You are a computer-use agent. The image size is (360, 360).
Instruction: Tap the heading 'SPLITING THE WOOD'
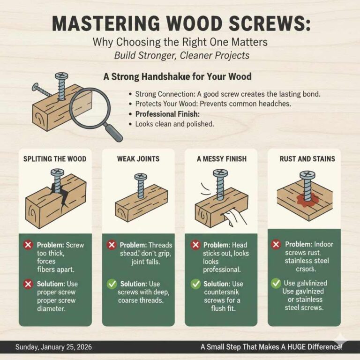pyautogui.click(x=55, y=159)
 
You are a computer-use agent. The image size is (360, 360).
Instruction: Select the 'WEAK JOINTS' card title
pyautogui.click(x=138, y=159)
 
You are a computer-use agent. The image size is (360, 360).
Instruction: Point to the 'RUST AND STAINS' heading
pyautogui.click(x=307, y=159)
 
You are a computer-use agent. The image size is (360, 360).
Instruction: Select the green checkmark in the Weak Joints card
pyautogui.click(x=112, y=284)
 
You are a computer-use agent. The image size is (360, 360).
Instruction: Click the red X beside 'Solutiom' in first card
pyautogui.click(x=29, y=284)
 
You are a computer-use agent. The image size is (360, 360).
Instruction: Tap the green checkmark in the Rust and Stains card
pyautogui.click(x=276, y=283)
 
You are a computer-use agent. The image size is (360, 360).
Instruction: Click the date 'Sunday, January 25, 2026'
pyautogui.click(x=54, y=347)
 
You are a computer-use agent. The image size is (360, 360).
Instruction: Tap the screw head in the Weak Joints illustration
pyautogui.click(x=140, y=177)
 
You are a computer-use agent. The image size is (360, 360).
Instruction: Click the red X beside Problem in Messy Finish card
pyautogui.click(x=195, y=245)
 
